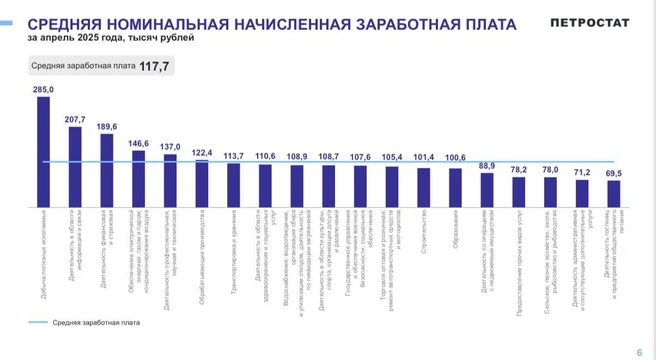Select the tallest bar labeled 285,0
click(44, 150)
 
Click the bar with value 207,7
click(75, 166)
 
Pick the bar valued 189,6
click(107, 170)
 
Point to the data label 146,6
click(138, 143)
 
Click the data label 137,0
click(170, 146)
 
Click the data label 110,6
click(265, 156)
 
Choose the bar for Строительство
click(424, 187)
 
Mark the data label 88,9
click(487, 165)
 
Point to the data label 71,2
click(581, 172)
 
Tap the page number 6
click(639, 351)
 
